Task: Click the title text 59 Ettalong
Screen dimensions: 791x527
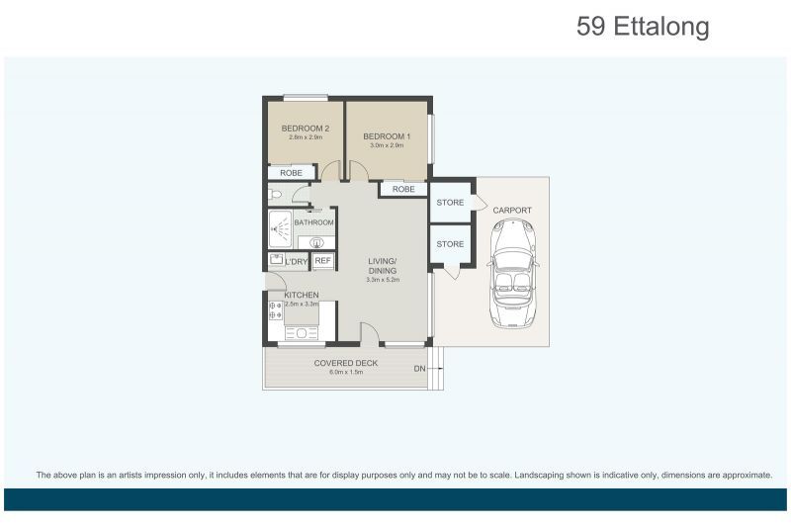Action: pyautogui.click(x=643, y=27)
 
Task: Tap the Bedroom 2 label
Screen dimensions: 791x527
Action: pyautogui.click(x=306, y=129)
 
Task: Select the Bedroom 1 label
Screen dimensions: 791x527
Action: pyautogui.click(x=387, y=136)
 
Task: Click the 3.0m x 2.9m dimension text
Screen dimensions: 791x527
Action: pyautogui.click(x=387, y=145)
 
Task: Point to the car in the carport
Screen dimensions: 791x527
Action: pyautogui.click(x=512, y=273)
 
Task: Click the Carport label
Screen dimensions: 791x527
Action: pyautogui.click(x=512, y=211)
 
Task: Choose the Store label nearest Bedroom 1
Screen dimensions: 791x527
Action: pyautogui.click(x=450, y=203)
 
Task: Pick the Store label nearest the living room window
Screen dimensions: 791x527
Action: pyautogui.click(x=450, y=244)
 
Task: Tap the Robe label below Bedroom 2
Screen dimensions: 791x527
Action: pyautogui.click(x=291, y=173)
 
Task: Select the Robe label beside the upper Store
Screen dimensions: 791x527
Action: pyautogui.click(x=403, y=189)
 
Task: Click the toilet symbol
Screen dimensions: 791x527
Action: pyautogui.click(x=274, y=194)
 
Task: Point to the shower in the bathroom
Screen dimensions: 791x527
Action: pyautogui.click(x=280, y=229)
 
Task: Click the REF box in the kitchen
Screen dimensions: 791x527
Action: pyautogui.click(x=323, y=261)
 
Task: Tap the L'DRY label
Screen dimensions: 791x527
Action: pyautogui.click(x=296, y=262)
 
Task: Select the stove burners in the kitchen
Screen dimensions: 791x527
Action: pyautogui.click(x=276, y=310)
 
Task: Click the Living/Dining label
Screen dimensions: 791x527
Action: pyautogui.click(x=383, y=266)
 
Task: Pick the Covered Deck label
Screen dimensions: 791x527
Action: pyautogui.click(x=345, y=363)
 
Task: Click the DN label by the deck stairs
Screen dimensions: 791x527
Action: pyautogui.click(x=419, y=369)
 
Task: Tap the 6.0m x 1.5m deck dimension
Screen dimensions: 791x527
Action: pyautogui.click(x=346, y=372)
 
